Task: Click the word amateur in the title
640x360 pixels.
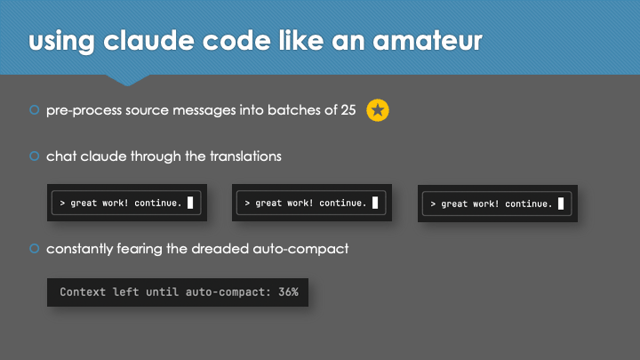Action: coord(428,40)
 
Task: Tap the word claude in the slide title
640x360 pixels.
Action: coord(148,40)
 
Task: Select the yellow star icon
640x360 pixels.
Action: coord(378,110)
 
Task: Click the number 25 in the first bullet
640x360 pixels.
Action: coord(348,110)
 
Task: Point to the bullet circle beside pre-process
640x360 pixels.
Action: coord(35,110)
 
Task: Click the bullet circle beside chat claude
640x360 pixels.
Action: coord(35,156)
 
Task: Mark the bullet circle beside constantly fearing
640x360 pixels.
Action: coord(35,248)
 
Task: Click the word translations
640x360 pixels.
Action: coord(245,156)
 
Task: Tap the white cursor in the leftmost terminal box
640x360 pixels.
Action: coord(190,203)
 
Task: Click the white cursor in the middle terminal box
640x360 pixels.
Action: coord(375,203)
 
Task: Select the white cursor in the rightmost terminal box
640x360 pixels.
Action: coord(561,204)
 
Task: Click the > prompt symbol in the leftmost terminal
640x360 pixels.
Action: coord(62,203)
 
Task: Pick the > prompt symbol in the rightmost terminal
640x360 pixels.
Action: coord(433,204)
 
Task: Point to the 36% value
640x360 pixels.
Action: coord(288,292)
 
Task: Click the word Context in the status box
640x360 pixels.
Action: coord(83,292)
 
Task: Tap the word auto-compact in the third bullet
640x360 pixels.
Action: coord(300,249)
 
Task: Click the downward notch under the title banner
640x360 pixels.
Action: coord(127,80)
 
